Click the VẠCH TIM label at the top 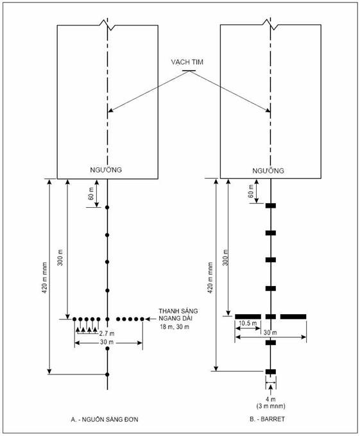[x=187, y=62]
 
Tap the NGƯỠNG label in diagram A [x=106, y=170]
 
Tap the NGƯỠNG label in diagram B [x=268, y=171]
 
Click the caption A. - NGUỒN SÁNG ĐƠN [x=105, y=419]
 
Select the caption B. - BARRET [x=267, y=419]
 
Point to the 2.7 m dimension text [x=107, y=333]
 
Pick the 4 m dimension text [x=270, y=399]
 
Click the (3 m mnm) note [x=271, y=407]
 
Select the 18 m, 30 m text [x=175, y=327]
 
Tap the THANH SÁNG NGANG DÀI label [x=178, y=314]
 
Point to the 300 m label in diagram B [x=226, y=258]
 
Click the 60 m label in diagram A [x=90, y=194]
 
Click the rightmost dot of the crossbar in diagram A [x=142, y=319]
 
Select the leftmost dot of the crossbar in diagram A [x=74, y=319]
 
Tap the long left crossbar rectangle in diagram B [x=248, y=317]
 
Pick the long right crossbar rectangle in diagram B [x=293, y=317]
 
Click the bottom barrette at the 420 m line [x=270, y=371]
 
